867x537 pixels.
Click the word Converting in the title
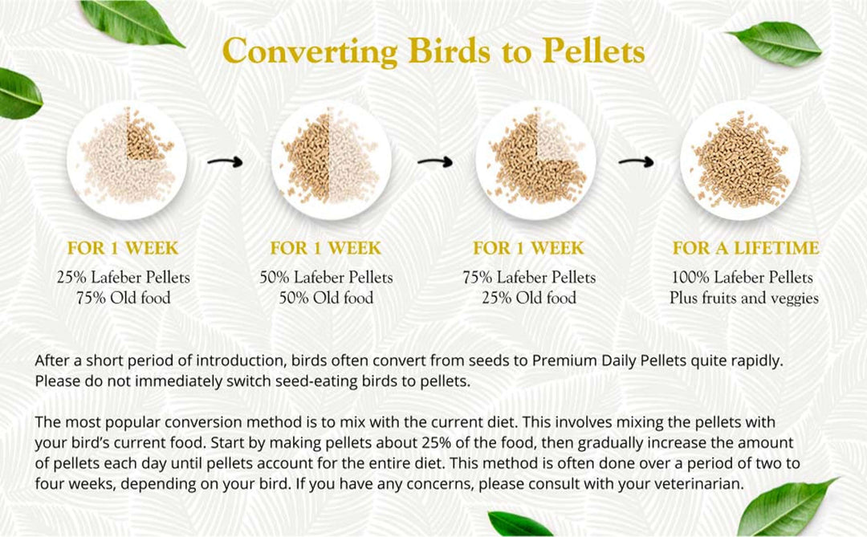click(x=308, y=51)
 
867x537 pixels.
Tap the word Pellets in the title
click(x=593, y=51)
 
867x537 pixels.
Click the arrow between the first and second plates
click(x=226, y=162)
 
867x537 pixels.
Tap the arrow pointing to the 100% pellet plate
click(x=636, y=162)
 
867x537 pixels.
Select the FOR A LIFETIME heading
click(x=746, y=248)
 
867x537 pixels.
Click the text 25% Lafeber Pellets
click(x=124, y=278)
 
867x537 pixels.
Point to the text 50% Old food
click(x=326, y=298)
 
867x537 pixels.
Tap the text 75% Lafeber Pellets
click(x=529, y=278)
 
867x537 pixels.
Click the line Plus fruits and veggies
click(x=744, y=298)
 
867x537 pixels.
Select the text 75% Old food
click(x=124, y=298)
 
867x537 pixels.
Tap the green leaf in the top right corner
click(x=775, y=42)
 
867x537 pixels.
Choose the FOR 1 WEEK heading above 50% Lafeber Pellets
click(x=326, y=248)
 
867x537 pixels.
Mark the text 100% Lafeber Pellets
click(x=743, y=278)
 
